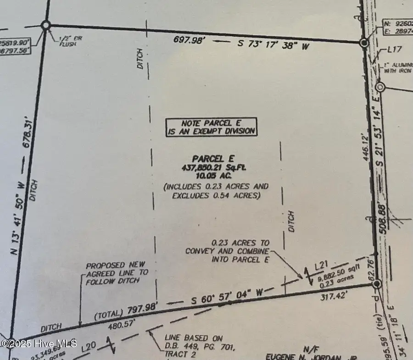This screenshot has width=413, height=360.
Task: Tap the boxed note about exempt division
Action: click(211, 127)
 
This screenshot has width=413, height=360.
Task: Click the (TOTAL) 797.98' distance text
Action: click(126, 310)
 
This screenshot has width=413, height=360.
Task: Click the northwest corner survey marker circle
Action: click(46, 25)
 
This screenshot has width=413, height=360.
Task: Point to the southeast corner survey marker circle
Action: click(377, 285)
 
